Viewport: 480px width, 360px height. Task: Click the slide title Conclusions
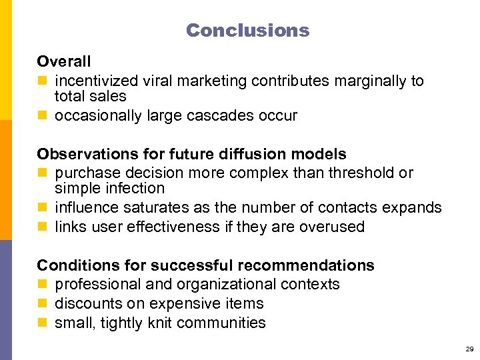point(247,30)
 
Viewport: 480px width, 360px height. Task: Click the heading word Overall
point(64,61)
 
